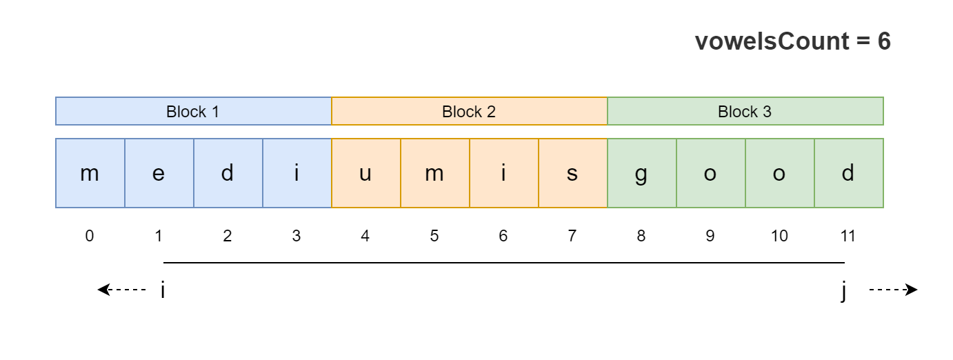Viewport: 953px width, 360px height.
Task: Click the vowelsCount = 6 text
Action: tap(792, 42)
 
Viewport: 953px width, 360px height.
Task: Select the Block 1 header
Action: tap(193, 112)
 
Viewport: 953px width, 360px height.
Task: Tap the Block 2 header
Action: tap(469, 112)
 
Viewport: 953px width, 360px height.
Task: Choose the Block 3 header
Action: tap(745, 112)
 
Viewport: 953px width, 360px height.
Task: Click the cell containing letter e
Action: tap(159, 173)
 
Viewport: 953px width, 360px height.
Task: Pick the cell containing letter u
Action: tap(365, 173)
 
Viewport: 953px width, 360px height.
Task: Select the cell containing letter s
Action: tap(572, 173)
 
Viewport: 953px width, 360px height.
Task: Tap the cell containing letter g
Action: tap(641, 173)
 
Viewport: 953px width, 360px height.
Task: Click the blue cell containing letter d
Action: tap(228, 173)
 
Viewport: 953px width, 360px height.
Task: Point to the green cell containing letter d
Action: tap(848, 173)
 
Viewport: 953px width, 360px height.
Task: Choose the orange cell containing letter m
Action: tap(434, 173)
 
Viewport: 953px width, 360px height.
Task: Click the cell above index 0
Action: tap(90, 173)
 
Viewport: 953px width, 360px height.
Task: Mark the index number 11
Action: tap(848, 236)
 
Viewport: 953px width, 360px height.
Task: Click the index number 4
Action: tap(365, 236)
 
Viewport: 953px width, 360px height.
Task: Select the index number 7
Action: tap(572, 236)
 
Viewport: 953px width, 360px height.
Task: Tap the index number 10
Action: tap(779, 236)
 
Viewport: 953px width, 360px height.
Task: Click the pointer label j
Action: tap(844, 291)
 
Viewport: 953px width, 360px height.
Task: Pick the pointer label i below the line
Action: tap(163, 290)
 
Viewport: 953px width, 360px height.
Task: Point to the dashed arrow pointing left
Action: tap(121, 290)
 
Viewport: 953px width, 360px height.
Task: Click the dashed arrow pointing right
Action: tap(893, 290)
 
